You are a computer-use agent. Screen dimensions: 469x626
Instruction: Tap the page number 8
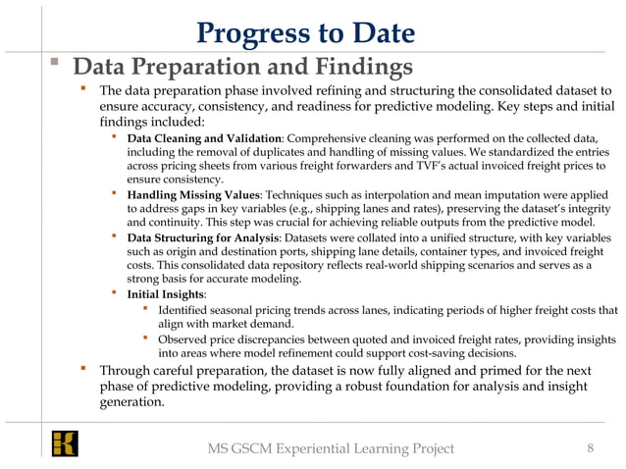(590, 448)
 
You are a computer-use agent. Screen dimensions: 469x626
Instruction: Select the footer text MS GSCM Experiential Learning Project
(331, 449)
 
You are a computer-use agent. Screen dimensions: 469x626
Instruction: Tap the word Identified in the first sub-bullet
(186, 311)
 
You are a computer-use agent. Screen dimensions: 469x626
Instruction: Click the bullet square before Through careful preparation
(85, 371)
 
